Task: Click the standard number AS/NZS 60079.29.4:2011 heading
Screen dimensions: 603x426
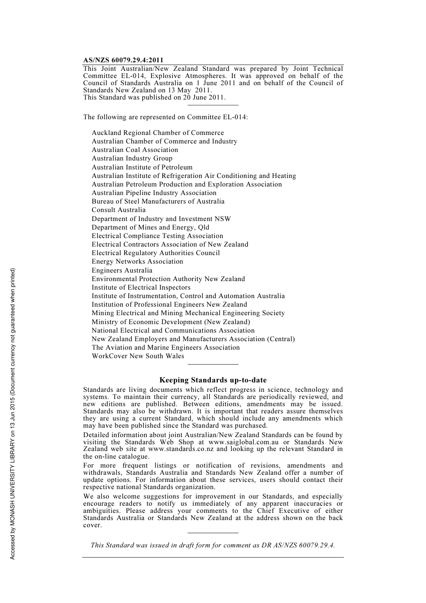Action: pos(123,60)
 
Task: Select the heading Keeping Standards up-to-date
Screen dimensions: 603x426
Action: pos(213,380)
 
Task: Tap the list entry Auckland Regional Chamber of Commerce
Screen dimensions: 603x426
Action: pos(158,133)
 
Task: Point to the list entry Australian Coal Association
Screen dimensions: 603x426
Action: pos(135,150)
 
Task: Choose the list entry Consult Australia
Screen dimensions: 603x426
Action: pos(119,210)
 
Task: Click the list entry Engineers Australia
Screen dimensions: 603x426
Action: pos(122,270)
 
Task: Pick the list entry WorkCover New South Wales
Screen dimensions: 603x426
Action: pos(138,356)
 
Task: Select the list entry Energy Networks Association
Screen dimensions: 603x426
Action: pos(138,261)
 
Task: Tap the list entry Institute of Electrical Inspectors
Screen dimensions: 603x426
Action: pos(141,287)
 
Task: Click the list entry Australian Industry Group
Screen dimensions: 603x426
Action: pos(132,158)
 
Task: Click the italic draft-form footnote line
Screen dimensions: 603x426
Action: pos(213,545)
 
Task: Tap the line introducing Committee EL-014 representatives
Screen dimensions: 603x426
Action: pos(165,117)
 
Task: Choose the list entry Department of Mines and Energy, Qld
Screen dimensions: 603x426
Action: pos(151,227)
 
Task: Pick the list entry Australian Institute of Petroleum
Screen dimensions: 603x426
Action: pos(142,167)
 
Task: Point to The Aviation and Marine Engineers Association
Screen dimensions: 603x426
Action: pos(166,347)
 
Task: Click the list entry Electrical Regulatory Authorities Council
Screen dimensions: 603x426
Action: pos(156,253)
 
